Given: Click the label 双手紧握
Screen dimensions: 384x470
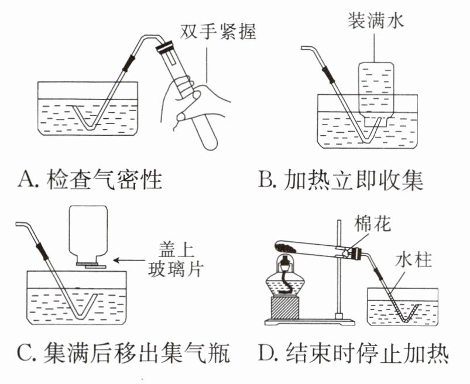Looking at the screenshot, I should coord(218,31).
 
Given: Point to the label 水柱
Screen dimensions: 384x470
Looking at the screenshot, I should coord(414,259).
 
